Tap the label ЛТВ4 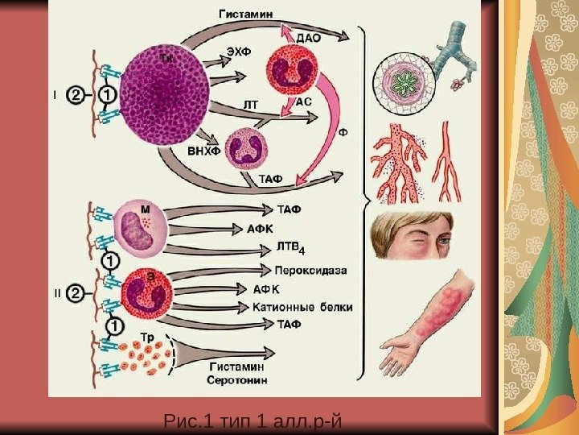point(292,245)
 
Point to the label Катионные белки point(302,307)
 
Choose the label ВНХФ point(203,151)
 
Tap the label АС point(305,102)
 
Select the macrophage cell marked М point(141,228)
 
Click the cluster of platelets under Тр point(146,358)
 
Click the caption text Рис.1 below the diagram point(184,420)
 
